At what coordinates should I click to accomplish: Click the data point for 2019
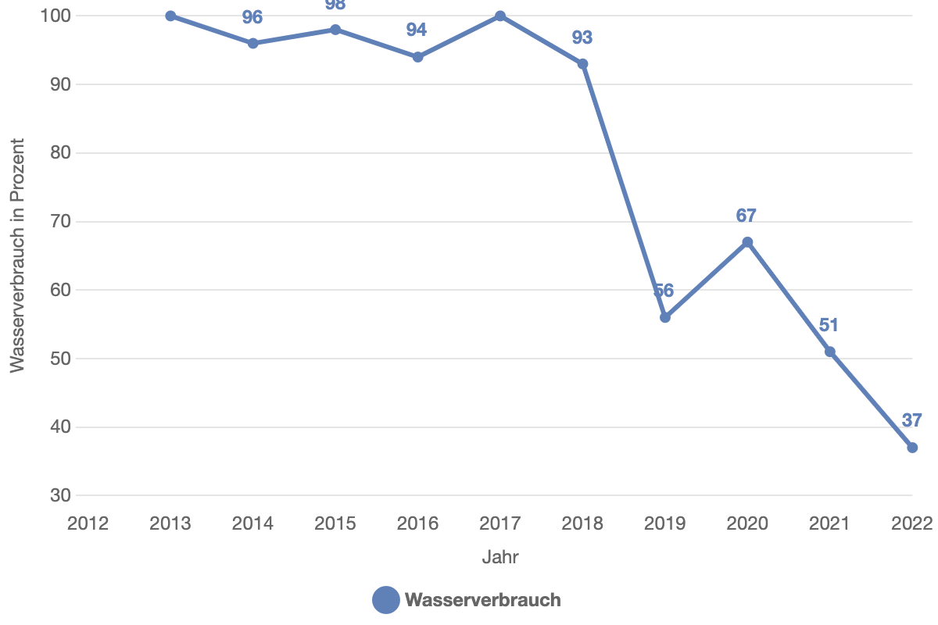click(x=665, y=318)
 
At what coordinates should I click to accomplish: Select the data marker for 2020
click(x=747, y=242)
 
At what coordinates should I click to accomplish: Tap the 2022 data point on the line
click(x=912, y=448)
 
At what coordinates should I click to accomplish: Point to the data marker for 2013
click(x=170, y=16)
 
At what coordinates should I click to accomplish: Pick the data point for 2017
click(x=500, y=16)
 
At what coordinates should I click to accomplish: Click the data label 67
click(x=746, y=216)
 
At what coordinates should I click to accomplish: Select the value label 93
click(x=582, y=37)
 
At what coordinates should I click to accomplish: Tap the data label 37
click(x=911, y=420)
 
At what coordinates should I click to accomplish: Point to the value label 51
click(x=829, y=325)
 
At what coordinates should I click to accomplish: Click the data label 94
click(x=417, y=30)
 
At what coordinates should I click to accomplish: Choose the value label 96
click(x=252, y=17)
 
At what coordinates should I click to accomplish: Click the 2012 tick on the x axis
click(x=88, y=523)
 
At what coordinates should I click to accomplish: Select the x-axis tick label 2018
click(x=582, y=523)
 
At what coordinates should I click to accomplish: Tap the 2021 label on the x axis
click(x=829, y=523)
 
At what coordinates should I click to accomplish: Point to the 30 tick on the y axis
click(x=61, y=495)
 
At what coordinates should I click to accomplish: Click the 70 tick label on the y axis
click(x=61, y=221)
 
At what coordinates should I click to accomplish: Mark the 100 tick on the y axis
click(x=55, y=16)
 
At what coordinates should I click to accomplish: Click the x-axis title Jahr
click(x=500, y=557)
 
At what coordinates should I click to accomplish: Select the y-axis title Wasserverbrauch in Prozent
click(x=17, y=255)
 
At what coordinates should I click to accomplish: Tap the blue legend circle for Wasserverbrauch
click(x=385, y=600)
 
